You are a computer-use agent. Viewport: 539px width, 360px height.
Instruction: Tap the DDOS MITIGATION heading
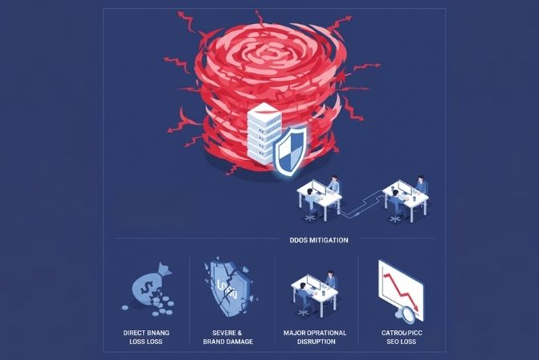pyautogui.click(x=319, y=239)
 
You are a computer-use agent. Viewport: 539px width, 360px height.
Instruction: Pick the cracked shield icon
pyautogui.click(x=223, y=289)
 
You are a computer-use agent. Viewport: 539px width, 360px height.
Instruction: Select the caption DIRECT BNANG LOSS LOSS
pyautogui.click(x=145, y=336)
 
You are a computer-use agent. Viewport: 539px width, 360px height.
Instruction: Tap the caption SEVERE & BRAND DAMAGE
pyautogui.click(x=230, y=336)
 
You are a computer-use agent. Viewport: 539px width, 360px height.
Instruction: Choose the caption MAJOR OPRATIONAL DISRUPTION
pyautogui.click(x=313, y=336)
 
